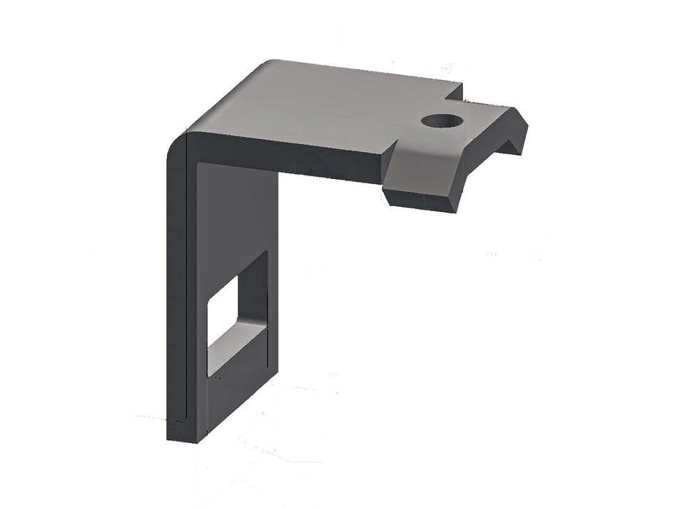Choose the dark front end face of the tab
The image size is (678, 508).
coord(421,200)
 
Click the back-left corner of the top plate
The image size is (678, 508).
coord(271,64)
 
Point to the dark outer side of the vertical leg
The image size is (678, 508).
coord(176,285)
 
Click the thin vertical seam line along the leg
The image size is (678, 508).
coord(186,285)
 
